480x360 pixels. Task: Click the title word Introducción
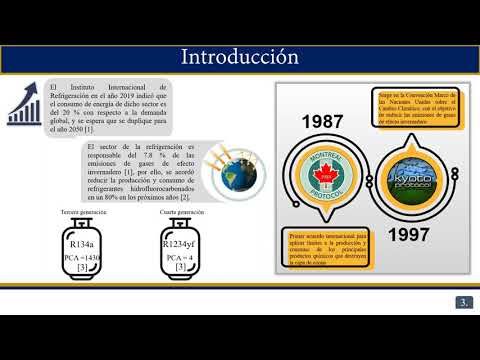coord(239,56)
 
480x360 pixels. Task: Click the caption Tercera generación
coord(83,213)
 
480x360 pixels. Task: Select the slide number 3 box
coord(464,302)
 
